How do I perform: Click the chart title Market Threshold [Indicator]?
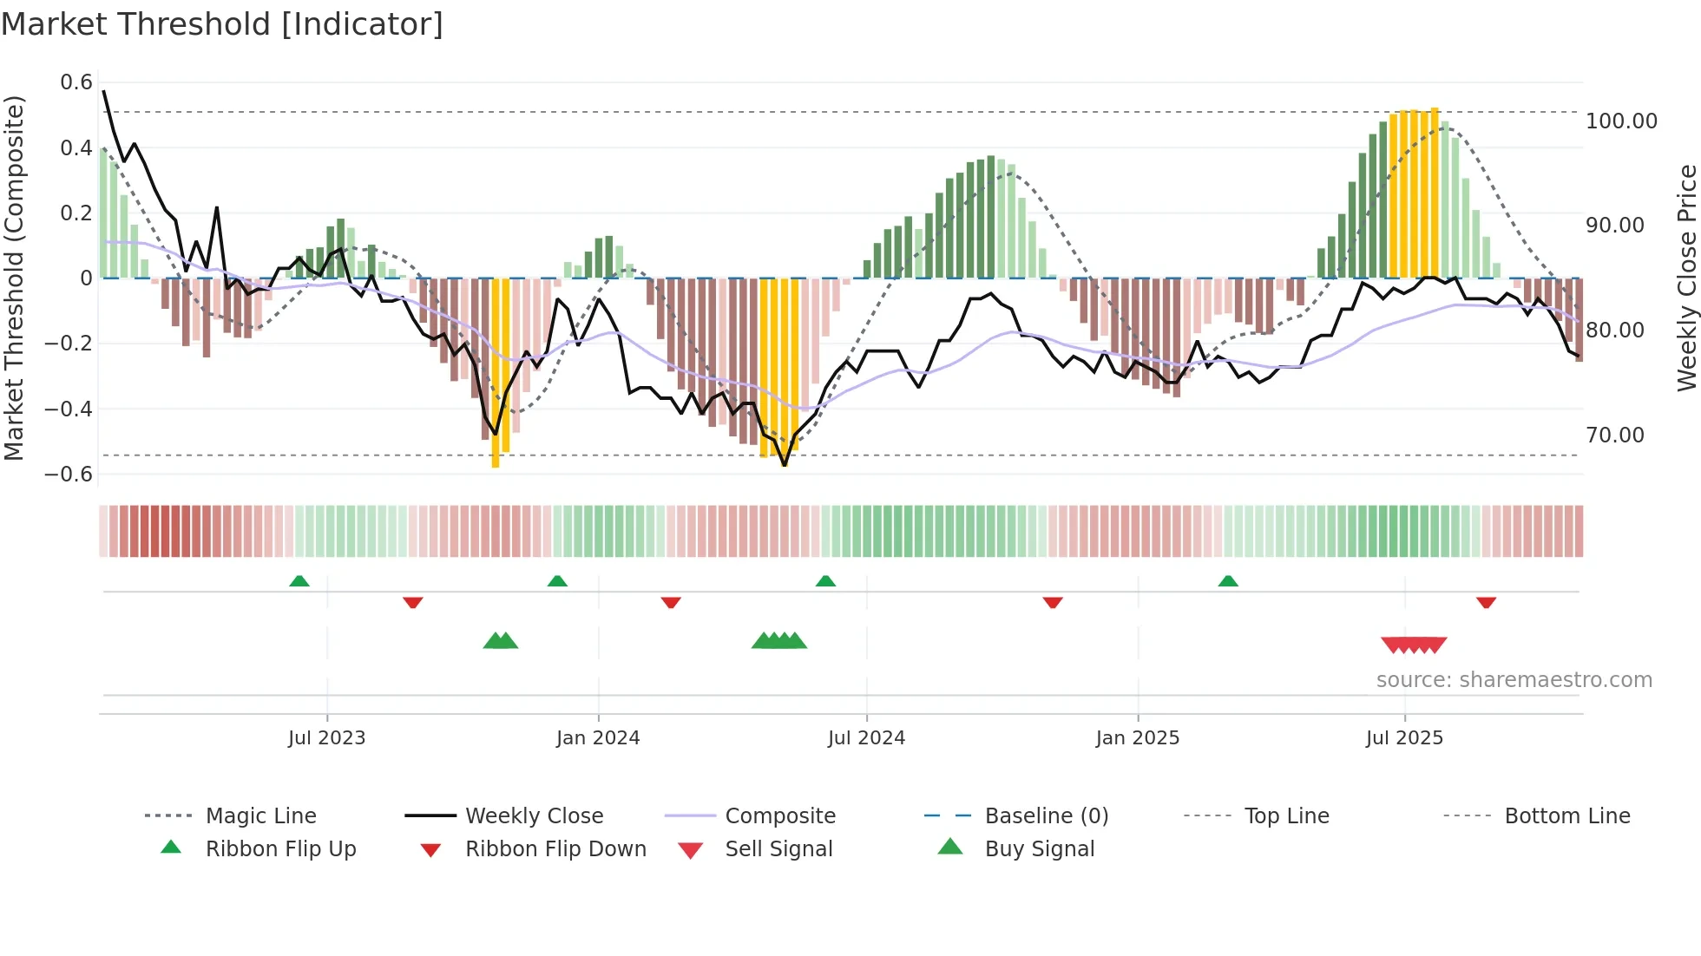pos(222,24)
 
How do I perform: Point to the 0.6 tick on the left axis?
pos(76,82)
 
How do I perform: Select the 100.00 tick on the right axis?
pos(1621,121)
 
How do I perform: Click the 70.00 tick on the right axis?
pos(1615,435)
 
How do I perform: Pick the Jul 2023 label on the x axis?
pos(326,738)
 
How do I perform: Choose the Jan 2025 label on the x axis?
pos(1137,738)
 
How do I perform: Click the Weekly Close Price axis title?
pos(1686,278)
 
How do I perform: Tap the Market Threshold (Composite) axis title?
pos(14,278)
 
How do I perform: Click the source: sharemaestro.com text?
pos(1514,680)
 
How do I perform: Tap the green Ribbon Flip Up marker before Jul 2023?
pos(299,581)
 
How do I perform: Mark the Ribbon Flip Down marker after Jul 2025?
pos(1486,602)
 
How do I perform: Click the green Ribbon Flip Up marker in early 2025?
pos(1228,581)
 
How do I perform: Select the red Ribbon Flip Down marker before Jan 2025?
pos(1053,602)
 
